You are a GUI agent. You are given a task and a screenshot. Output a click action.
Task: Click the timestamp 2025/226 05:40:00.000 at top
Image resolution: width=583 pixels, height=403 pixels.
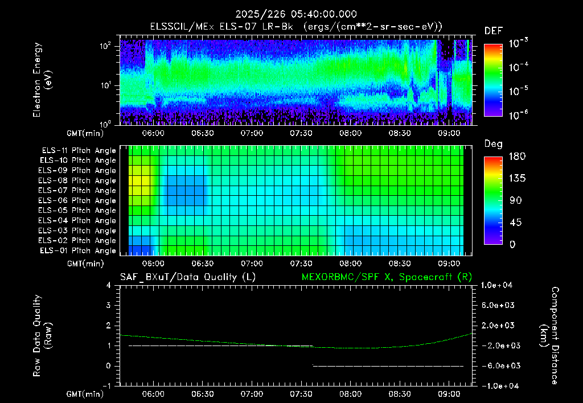click(x=296, y=14)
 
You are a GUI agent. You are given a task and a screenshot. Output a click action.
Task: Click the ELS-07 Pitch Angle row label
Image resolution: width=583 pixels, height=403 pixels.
click(x=77, y=190)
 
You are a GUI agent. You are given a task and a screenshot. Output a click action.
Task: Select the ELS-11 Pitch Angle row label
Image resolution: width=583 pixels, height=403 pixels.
click(x=79, y=151)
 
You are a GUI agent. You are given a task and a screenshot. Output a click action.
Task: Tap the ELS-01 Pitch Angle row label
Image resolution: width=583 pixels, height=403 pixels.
click(x=77, y=250)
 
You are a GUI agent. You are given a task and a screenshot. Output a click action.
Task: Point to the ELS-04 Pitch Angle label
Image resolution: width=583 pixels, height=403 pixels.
click(x=77, y=220)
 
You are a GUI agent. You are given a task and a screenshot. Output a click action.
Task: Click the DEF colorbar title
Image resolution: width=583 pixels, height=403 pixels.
click(x=494, y=31)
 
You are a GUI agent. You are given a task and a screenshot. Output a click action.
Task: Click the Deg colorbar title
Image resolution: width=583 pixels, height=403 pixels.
click(x=493, y=144)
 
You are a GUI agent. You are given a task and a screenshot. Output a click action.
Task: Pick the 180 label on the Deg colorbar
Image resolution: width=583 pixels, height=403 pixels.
click(x=517, y=156)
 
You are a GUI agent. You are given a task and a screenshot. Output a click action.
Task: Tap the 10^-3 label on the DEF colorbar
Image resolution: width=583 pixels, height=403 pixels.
click(x=519, y=43)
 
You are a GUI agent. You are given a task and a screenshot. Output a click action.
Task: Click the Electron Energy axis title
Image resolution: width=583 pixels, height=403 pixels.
click(x=42, y=80)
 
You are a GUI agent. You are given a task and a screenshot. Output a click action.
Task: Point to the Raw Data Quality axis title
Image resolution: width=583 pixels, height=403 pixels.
click(x=42, y=336)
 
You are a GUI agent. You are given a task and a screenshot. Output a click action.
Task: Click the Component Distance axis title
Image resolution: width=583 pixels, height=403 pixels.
click(x=549, y=336)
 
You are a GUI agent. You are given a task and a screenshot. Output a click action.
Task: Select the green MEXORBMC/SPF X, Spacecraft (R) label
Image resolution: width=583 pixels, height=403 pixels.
click(x=387, y=277)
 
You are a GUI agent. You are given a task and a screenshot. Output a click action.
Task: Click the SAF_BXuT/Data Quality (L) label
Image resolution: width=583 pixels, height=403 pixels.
click(x=188, y=277)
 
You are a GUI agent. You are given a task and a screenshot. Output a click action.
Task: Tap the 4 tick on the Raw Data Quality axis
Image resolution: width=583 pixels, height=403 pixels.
click(x=108, y=285)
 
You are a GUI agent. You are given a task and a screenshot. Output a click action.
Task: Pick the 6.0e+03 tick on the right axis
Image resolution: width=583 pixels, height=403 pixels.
click(x=498, y=305)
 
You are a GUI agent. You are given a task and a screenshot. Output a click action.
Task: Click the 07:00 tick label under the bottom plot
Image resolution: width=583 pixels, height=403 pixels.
click(x=252, y=394)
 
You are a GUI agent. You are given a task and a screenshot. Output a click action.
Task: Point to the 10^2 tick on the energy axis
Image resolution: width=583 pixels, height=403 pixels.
click(x=105, y=46)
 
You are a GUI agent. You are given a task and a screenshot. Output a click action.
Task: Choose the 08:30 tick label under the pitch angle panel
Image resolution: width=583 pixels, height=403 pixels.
click(x=400, y=264)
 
